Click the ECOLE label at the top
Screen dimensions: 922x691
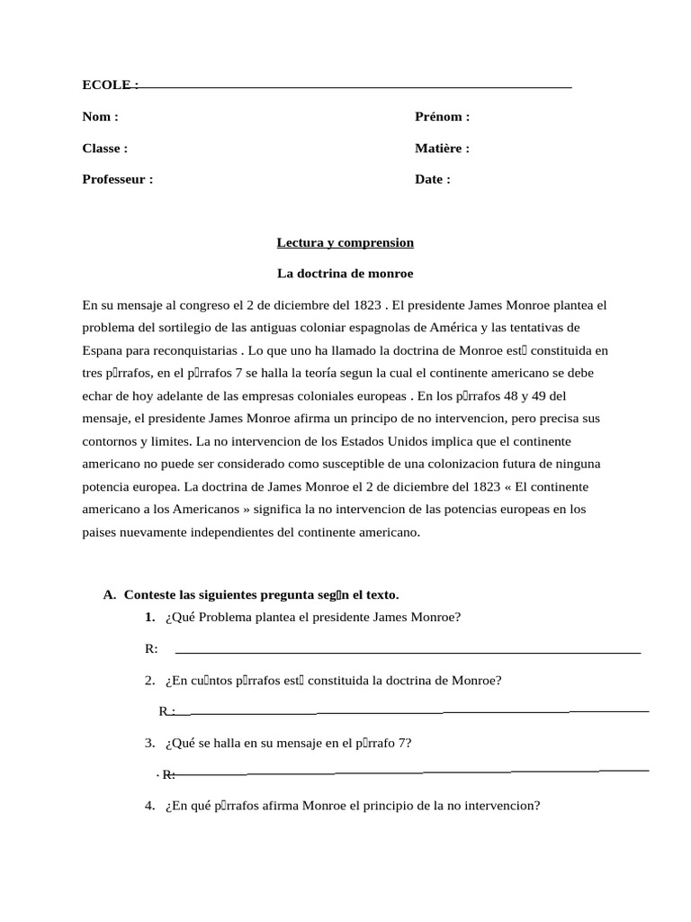click(x=109, y=85)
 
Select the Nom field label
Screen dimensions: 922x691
click(x=100, y=116)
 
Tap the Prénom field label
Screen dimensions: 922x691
click(x=442, y=116)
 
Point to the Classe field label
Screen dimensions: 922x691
click(x=104, y=148)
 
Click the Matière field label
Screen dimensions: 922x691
click(x=442, y=148)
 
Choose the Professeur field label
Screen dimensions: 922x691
click(x=117, y=179)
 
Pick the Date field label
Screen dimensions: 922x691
click(x=432, y=179)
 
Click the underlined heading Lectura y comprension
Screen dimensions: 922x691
click(x=345, y=242)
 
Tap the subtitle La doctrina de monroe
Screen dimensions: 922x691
click(x=345, y=273)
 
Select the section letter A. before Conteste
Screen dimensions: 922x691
click(x=110, y=595)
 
